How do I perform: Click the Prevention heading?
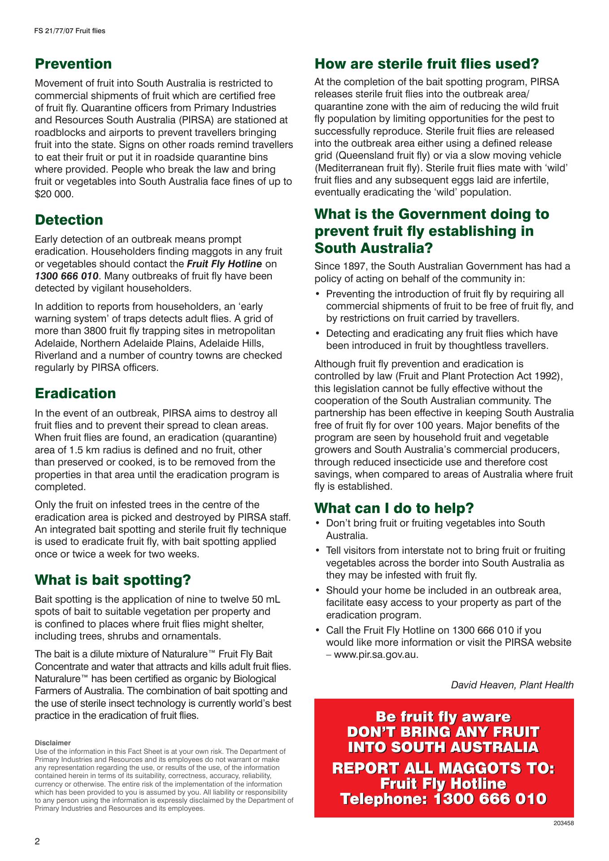(x=73, y=64)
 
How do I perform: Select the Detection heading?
(x=69, y=220)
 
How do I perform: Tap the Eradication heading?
(x=75, y=393)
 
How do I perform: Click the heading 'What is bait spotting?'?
(x=113, y=580)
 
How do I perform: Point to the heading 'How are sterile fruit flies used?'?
(x=426, y=64)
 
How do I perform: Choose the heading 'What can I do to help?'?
(x=394, y=508)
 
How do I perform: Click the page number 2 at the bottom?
(x=38, y=841)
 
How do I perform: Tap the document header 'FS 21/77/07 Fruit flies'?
(x=70, y=31)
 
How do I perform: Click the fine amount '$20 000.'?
(x=54, y=194)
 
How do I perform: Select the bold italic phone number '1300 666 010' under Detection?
(x=66, y=276)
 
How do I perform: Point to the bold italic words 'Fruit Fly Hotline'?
(x=224, y=264)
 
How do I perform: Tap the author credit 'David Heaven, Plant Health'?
(x=512, y=685)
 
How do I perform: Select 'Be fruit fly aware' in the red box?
(x=443, y=717)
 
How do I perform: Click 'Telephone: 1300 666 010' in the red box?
(x=443, y=799)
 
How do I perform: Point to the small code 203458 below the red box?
(x=564, y=823)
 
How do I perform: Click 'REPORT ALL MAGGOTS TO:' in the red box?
(x=443, y=768)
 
